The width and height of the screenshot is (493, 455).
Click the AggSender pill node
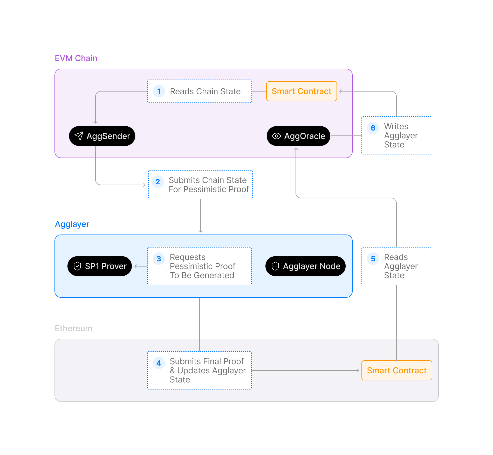[x=102, y=136]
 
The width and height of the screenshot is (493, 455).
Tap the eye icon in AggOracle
[x=276, y=136]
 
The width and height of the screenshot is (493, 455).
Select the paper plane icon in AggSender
[x=79, y=136]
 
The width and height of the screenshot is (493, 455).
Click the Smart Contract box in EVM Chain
[x=301, y=91]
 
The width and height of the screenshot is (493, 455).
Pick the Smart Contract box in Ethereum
[x=396, y=370]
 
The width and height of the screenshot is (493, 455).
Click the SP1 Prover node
[x=100, y=266]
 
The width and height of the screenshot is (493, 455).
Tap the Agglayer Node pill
[x=305, y=266]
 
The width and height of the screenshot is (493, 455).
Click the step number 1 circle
[x=159, y=91]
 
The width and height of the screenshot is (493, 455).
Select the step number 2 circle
[x=158, y=182]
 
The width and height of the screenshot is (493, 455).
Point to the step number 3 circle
[x=159, y=259]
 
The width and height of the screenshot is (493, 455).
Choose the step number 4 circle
[x=159, y=363]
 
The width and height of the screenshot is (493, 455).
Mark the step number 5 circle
[x=373, y=259]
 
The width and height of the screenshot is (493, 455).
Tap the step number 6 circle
[x=373, y=128]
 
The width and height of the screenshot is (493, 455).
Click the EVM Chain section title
[x=76, y=58]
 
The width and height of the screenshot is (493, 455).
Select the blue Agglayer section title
[x=72, y=224]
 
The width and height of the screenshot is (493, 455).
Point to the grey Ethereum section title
[x=73, y=328]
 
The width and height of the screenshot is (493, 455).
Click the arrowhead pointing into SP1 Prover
[x=136, y=266]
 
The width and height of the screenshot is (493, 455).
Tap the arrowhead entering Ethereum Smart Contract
[x=358, y=370]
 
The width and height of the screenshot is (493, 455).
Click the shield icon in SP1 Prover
[x=77, y=266]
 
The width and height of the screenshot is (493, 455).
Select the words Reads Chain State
[x=205, y=91]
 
